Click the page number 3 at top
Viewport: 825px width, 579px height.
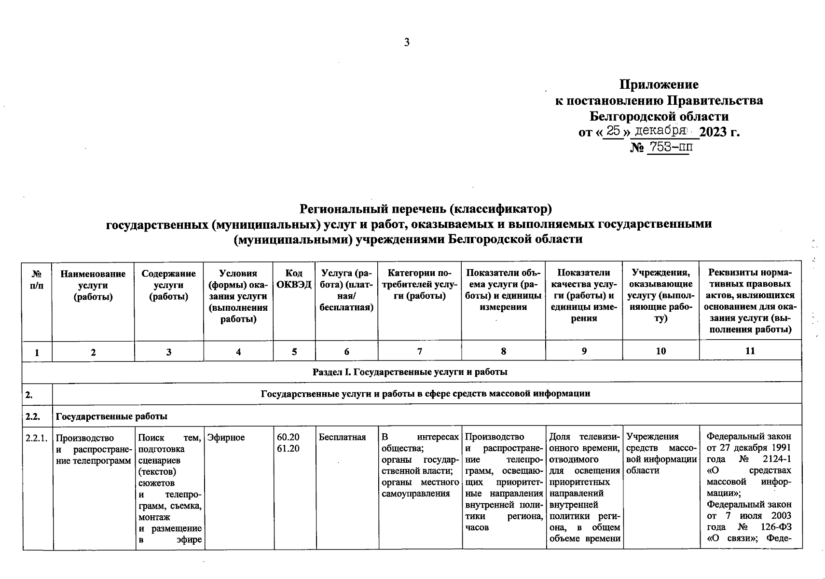pyautogui.click(x=407, y=42)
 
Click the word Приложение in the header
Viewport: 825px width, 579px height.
pyautogui.click(x=659, y=85)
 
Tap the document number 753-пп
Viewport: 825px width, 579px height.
pyautogui.click(x=669, y=147)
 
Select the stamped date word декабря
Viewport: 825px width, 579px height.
pyautogui.click(x=660, y=131)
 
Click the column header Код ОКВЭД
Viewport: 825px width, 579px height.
pyautogui.click(x=294, y=279)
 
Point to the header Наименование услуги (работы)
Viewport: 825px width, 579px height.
pyautogui.click(x=93, y=285)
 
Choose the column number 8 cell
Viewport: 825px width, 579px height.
pyautogui.click(x=503, y=351)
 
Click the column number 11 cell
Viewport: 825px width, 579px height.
pyautogui.click(x=750, y=351)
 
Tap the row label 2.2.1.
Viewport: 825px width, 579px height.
pyautogui.click(x=37, y=438)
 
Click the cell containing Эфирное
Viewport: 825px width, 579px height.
pyautogui.click(x=226, y=438)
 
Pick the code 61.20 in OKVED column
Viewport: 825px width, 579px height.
pyautogui.click(x=288, y=449)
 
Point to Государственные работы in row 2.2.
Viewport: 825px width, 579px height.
pyautogui.click(x=112, y=416)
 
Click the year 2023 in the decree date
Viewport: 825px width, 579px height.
pyautogui.click(x=713, y=132)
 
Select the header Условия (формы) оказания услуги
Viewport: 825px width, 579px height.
pyautogui.click(x=238, y=296)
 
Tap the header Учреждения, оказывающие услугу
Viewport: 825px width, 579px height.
pyautogui.click(x=660, y=296)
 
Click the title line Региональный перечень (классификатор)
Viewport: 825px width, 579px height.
pyautogui.click(x=425, y=209)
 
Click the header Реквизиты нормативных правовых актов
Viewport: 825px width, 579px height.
pyautogui.click(x=750, y=301)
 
